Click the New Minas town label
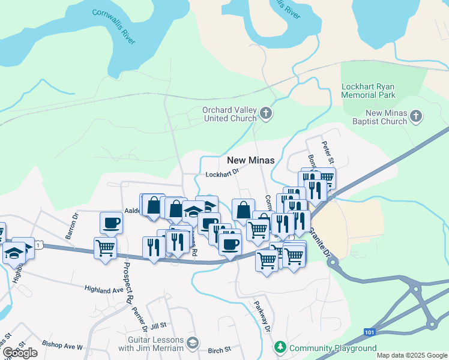250,160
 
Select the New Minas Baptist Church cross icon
417,116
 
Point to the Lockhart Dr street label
222,173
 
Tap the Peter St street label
327,149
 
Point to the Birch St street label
219,350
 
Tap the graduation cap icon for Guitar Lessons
192,343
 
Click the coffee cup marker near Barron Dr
111,223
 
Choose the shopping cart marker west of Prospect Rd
105,247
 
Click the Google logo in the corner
20,352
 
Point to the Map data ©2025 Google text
411,355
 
